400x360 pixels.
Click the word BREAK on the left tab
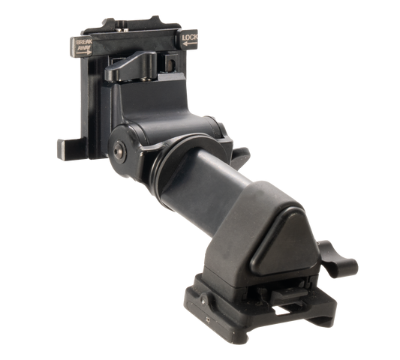(x=84, y=42)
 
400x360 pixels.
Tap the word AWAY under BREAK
(x=84, y=47)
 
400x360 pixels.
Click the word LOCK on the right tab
(x=190, y=37)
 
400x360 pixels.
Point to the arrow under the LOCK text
(x=190, y=43)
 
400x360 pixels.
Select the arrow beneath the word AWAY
(x=83, y=52)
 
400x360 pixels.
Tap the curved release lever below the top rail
(x=131, y=65)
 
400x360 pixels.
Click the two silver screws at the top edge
(x=122, y=30)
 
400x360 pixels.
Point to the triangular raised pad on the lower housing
(x=285, y=244)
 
